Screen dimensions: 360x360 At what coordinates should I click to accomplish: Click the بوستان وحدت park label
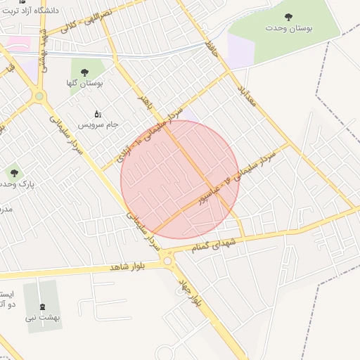[288, 28]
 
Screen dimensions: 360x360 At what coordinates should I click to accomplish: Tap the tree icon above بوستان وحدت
[288, 17]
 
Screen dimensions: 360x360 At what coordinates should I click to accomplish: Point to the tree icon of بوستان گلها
[85, 72]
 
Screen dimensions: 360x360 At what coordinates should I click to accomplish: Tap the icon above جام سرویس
[98, 112]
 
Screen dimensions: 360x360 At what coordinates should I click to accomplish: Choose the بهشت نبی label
[44, 317]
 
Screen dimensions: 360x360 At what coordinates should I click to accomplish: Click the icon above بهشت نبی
[44, 306]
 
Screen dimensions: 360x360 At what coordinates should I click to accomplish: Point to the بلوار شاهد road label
[117, 266]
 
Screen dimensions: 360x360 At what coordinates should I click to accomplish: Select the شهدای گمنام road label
[219, 245]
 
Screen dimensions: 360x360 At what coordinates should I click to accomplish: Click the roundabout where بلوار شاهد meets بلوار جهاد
[167, 262]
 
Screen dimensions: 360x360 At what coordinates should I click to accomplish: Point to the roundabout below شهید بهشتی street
[39, 96]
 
